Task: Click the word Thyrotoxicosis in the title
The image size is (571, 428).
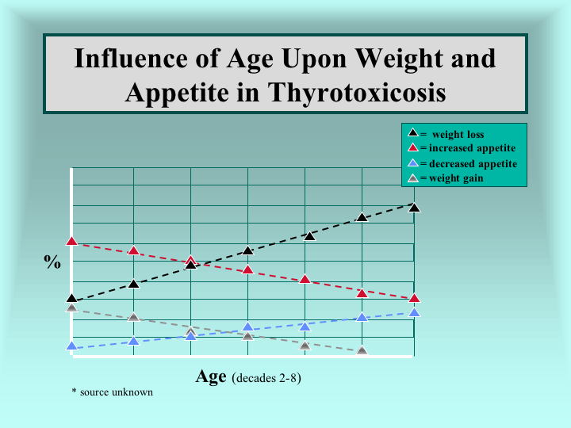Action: [357, 94]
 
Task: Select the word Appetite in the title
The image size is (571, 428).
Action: [178, 94]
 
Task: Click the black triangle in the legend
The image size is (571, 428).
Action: [413, 132]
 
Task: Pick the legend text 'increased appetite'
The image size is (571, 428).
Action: [473, 147]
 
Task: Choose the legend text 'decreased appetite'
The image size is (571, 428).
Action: [473, 164]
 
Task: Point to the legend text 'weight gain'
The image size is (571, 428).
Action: [456, 178]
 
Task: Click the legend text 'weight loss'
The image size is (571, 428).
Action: [458, 134]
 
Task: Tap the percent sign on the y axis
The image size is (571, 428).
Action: [52, 262]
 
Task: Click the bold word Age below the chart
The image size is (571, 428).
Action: [211, 377]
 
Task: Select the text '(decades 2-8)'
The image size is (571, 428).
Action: [266, 378]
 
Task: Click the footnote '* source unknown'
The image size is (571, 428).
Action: [112, 392]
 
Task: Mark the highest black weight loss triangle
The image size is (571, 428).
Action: [415, 208]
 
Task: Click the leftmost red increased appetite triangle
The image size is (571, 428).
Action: [72, 241]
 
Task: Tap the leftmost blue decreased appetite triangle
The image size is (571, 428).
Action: [72, 346]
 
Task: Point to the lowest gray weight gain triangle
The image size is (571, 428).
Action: [362, 351]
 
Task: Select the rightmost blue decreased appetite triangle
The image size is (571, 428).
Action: [415, 312]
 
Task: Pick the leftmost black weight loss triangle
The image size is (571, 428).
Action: [72, 298]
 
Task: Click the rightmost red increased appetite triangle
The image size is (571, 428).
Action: [415, 298]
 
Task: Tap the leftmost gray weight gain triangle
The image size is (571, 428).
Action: [72, 308]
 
